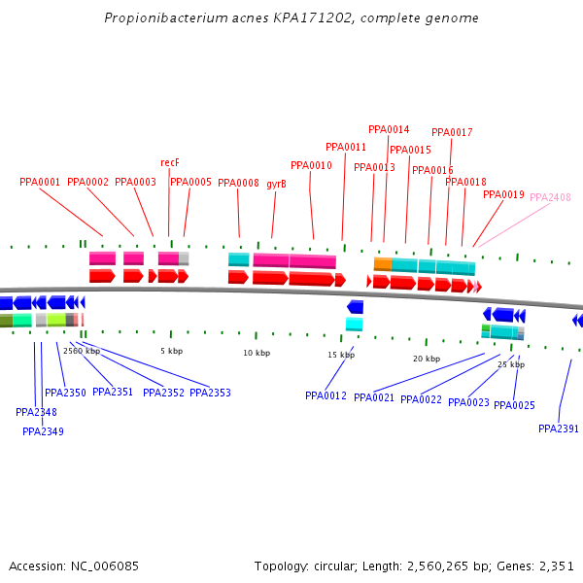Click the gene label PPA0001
(40, 182)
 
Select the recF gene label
(170, 162)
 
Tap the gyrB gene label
(276, 183)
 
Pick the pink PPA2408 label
(550, 197)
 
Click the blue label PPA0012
(326, 395)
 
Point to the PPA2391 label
(559, 429)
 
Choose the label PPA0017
(452, 132)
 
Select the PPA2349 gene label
(43, 431)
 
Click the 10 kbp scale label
(257, 353)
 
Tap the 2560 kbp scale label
(82, 351)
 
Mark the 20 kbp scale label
(427, 359)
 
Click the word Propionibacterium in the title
(155, 18)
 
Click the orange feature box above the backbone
(383, 263)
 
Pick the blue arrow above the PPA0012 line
(355, 307)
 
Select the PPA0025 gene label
(514, 405)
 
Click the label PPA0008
(238, 183)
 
